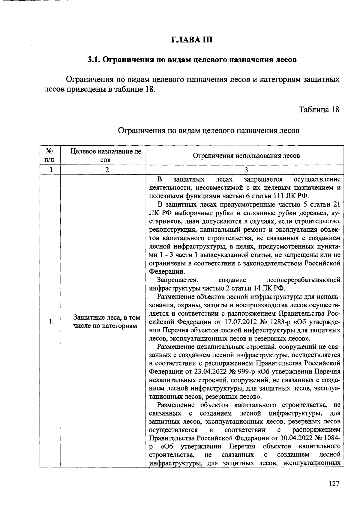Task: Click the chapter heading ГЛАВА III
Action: pos(192,40)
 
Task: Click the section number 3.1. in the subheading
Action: pos(94,60)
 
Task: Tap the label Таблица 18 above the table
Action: pos(319,109)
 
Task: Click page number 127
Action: pos(334,484)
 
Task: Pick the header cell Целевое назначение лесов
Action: pos(107,155)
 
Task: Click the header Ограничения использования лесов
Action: pos(246,156)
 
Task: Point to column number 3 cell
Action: pos(246,170)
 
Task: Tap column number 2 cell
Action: pos(107,170)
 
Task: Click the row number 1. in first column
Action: pos(51,322)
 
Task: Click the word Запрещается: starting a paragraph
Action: pos(177,280)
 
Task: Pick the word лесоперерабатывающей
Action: pos(303,280)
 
